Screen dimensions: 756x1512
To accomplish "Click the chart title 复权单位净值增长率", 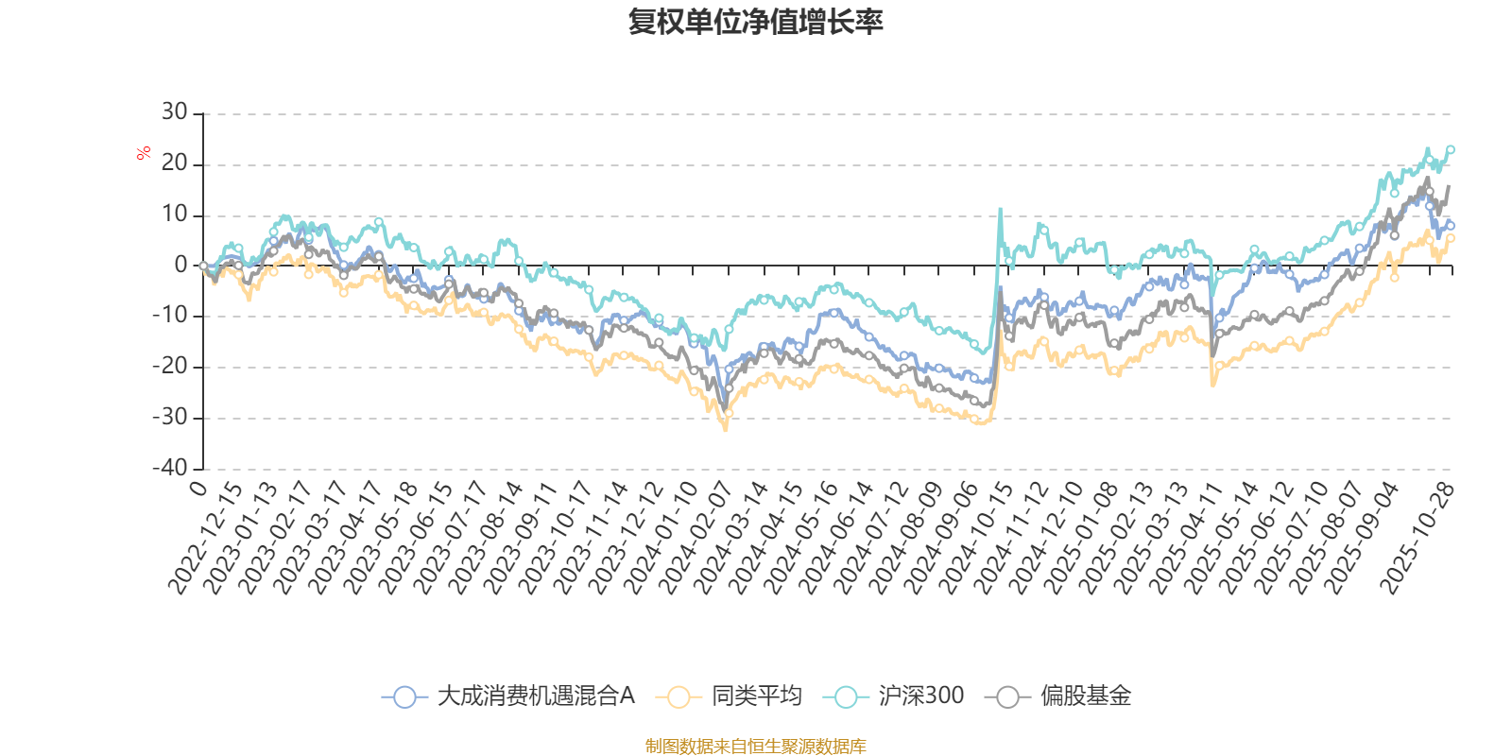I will tap(755, 22).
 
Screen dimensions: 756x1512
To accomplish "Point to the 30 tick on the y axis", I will tap(174, 112).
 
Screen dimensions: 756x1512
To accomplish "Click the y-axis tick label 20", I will tap(174, 163).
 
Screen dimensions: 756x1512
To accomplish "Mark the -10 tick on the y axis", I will tap(170, 316).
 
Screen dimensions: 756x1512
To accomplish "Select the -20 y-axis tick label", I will tap(170, 367).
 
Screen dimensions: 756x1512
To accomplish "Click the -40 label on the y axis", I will tap(170, 468).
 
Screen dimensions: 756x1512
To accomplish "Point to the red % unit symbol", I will tap(144, 152).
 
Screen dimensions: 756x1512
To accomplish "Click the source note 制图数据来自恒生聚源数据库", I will tap(755, 747).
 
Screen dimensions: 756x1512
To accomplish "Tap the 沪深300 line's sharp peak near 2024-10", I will tap(1000, 209).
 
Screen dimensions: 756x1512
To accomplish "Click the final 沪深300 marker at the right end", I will tap(1451, 149).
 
